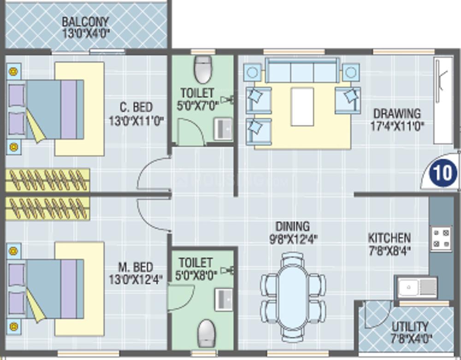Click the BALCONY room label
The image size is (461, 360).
(85, 22)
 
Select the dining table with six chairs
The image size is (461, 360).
(293, 297)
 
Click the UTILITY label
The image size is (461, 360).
(410, 327)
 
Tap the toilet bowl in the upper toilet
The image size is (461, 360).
(203, 69)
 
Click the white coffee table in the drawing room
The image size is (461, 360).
(302, 106)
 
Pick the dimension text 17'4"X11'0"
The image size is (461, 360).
(397, 125)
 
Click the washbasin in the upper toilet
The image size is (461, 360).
(224, 129)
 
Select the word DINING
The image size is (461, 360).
(293, 227)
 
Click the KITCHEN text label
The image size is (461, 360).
(389, 238)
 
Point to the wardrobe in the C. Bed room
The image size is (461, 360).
(47, 180)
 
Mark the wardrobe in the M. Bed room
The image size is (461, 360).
(47, 208)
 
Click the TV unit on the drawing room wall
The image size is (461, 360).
(443, 100)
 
